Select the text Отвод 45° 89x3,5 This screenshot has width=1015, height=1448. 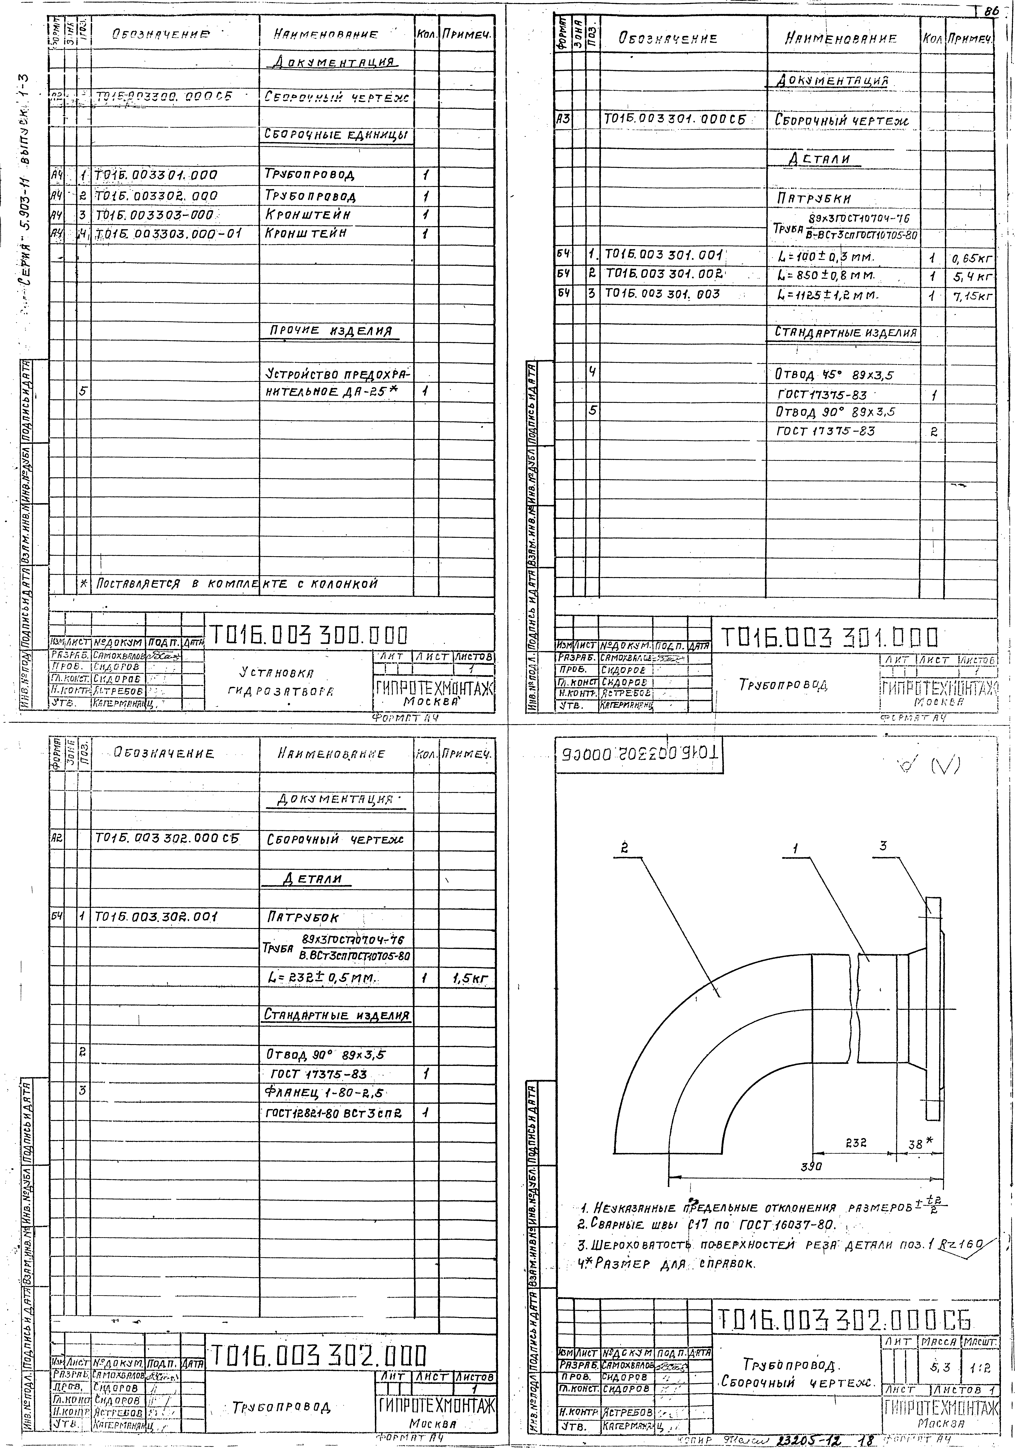point(835,375)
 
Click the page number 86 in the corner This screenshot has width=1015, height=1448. point(991,11)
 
